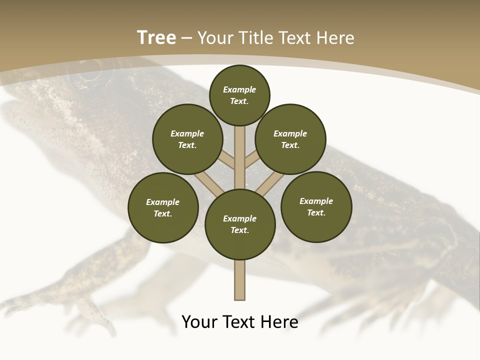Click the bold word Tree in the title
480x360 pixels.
click(156, 38)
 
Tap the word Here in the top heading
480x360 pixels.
click(335, 38)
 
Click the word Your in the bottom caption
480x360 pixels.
click(200, 322)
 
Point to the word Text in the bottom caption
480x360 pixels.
click(239, 322)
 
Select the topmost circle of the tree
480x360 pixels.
click(239, 95)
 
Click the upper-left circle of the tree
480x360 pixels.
click(187, 139)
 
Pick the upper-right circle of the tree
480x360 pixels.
click(290, 139)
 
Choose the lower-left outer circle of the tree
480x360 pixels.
click(163, 207)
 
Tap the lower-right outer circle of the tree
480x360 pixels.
click(316, 206)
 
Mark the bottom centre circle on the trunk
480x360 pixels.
click(240, 224)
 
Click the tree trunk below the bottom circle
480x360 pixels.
click(240, 280)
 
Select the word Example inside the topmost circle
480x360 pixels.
click(239, 89)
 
